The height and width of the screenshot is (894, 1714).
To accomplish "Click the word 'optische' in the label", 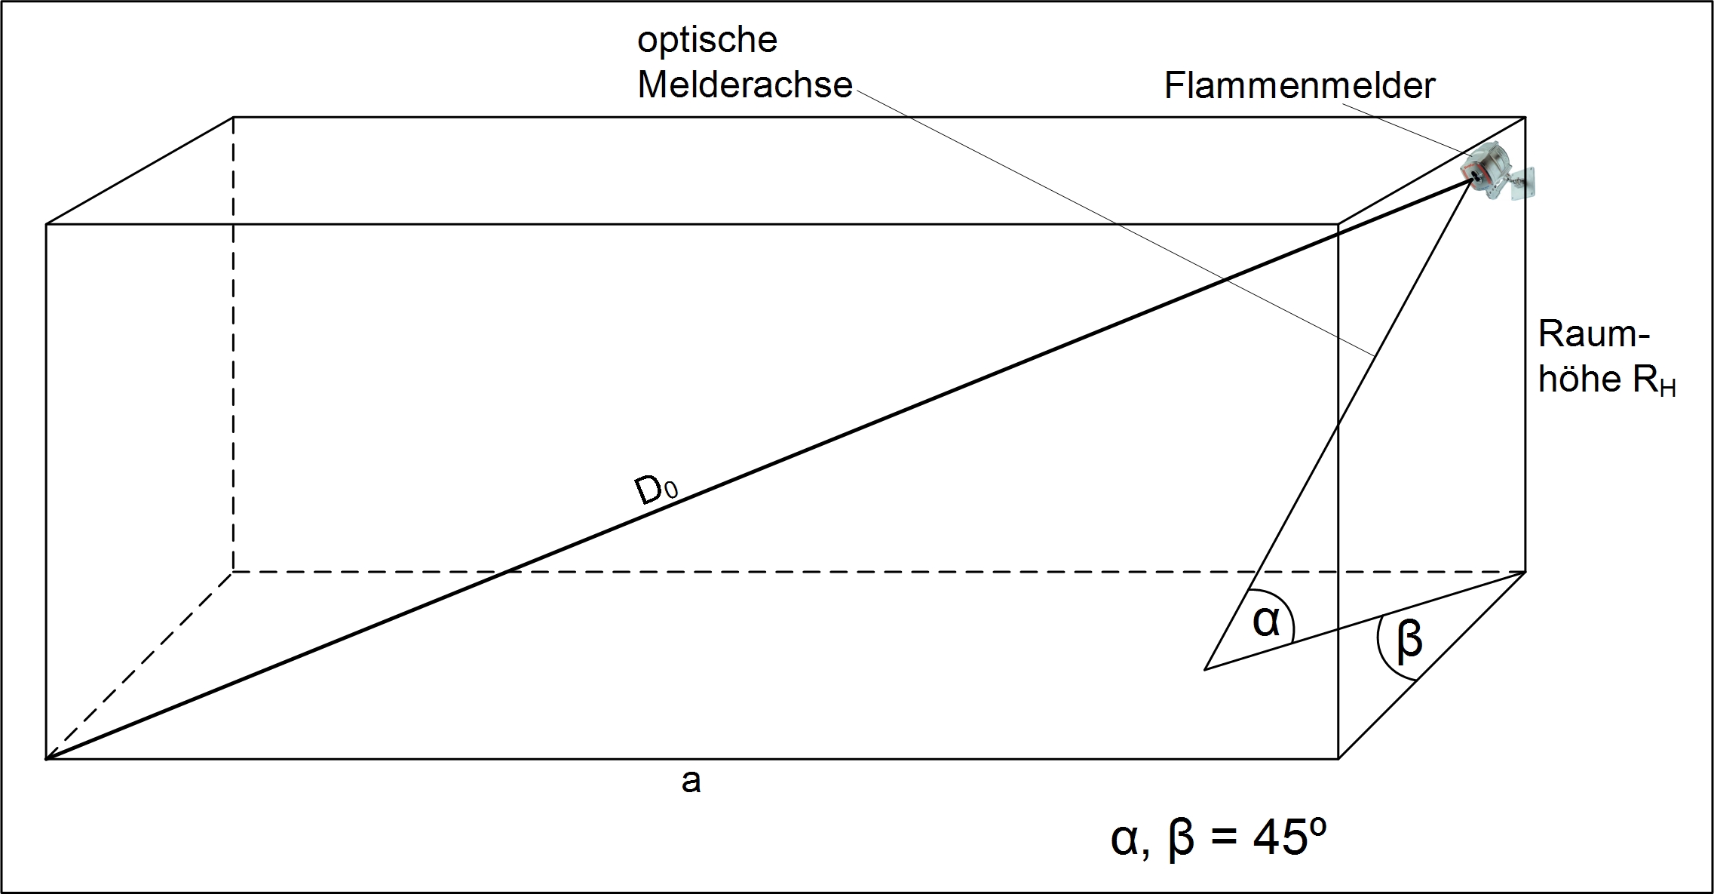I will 707,40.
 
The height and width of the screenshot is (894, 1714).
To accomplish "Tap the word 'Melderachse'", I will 744,84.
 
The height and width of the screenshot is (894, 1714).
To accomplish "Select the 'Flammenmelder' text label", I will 1299,85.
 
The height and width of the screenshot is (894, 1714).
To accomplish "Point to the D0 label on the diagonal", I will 655,490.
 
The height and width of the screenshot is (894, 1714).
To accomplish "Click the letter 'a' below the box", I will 691,782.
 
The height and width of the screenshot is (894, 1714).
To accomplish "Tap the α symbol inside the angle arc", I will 1267,622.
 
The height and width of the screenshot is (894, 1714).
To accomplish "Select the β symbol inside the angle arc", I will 1409,639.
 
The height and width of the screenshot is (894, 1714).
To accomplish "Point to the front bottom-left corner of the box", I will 47,758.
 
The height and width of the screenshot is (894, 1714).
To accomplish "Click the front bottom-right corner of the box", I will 1338,758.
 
